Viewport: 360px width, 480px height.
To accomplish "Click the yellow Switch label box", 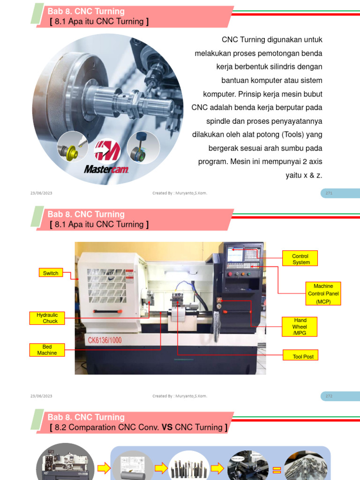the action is [x=51, y=272].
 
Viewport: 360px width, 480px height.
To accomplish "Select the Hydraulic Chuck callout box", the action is [x=47, y=318].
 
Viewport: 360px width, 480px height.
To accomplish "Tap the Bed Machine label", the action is [x=47, y=350].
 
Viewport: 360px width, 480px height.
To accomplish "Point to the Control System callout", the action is [x=300, y=258].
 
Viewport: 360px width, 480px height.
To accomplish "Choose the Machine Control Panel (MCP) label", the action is [x=323, y=293].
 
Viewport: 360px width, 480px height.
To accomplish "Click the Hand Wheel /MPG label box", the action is [x=300, y=327].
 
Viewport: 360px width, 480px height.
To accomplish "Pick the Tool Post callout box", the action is [x=300, y=355].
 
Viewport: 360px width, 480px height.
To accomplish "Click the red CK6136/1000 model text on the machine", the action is [x=105, y=340].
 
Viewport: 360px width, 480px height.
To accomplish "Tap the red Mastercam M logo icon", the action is [x=107, y=150].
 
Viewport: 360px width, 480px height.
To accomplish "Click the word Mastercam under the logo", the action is [x=106, y=169].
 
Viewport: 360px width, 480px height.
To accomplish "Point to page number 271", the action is [x=329, y=193].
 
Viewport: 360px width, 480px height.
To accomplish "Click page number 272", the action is [x=329, y=396].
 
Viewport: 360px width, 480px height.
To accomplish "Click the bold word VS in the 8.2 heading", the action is [x=167, y=427].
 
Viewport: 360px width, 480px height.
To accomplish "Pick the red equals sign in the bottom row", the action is [x=277, y=470].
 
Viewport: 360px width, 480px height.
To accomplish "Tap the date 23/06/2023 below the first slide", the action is [x=41, y=193].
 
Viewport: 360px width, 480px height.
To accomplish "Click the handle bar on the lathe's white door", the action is [x=108, y=312].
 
